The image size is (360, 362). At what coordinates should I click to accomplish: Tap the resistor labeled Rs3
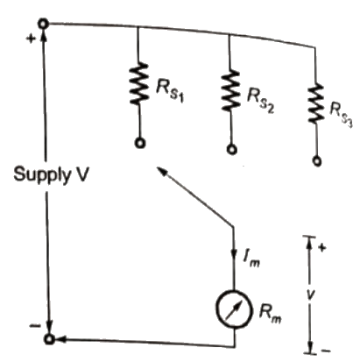click(317, 104)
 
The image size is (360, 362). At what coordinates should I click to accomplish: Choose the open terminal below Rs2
click(230, 149)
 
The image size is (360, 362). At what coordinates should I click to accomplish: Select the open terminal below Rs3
click(318, 160)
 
